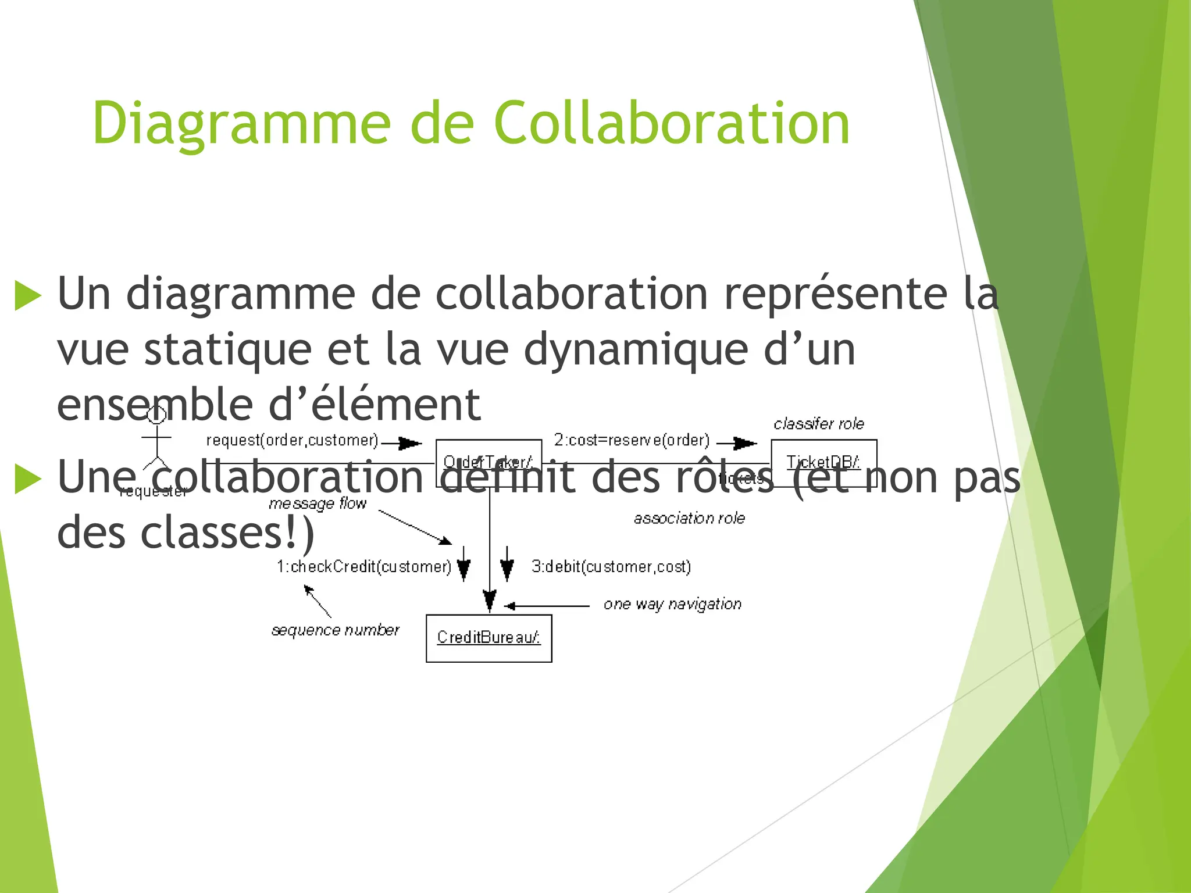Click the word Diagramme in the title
click(x=241, y=123)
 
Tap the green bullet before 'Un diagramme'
click(x=27, y=295)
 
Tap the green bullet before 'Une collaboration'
click(x=27, y=479)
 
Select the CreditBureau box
click(x=488, y=638)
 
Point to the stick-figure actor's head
click(x=156, y=415)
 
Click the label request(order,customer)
click(x=292, y=441)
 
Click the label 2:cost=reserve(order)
click(x=632, y=440)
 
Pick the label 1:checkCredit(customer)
click(x=364, y=566)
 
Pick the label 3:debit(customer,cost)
click(x=611, y=566)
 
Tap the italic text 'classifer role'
click(x=818, y=424)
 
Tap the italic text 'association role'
click(x=689, y=518)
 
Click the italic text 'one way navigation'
click(x=672, y=604)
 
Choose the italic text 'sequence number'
click(x=336, y=630)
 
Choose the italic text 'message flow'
click(x=318, y=503)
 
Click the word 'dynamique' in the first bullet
click(x=636, y=350)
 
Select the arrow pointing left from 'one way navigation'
click(x=547, y=606)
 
